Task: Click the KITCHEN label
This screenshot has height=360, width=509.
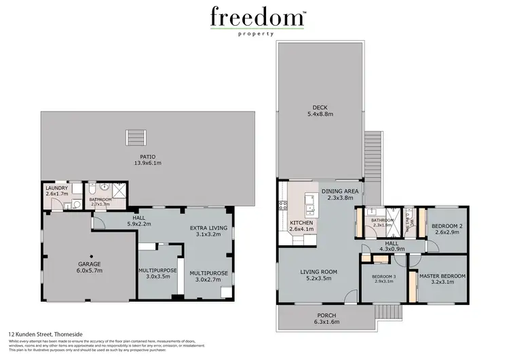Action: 301,223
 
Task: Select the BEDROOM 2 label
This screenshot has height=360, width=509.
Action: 447,226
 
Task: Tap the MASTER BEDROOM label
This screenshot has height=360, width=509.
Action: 442,276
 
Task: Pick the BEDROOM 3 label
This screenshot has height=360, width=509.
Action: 385,276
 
